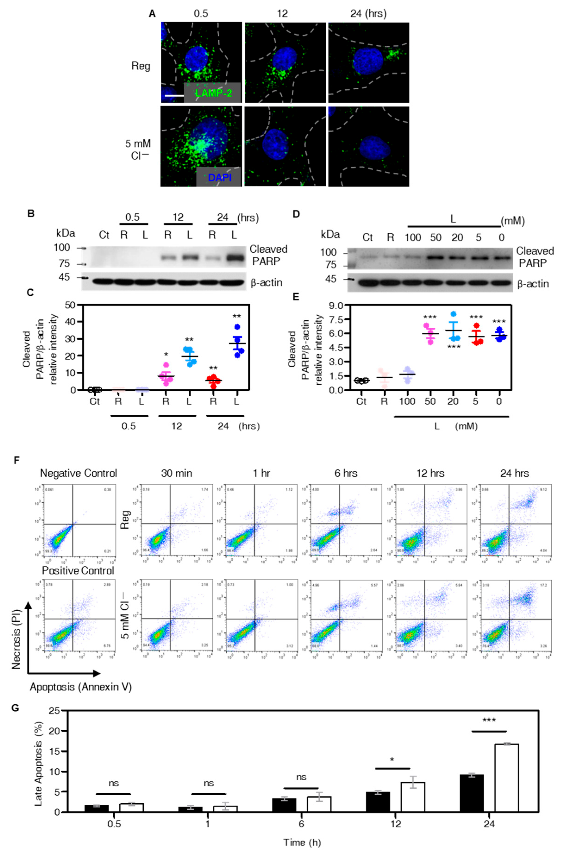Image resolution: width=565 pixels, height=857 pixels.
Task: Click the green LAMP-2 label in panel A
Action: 214,93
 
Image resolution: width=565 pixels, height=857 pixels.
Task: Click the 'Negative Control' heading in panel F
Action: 78,473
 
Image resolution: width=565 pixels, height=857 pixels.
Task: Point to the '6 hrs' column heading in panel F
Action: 346,473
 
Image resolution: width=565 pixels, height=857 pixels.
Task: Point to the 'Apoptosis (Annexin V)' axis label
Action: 81,687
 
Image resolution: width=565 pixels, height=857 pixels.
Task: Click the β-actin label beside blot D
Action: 533,284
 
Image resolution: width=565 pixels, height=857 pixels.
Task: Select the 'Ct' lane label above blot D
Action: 368,238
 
